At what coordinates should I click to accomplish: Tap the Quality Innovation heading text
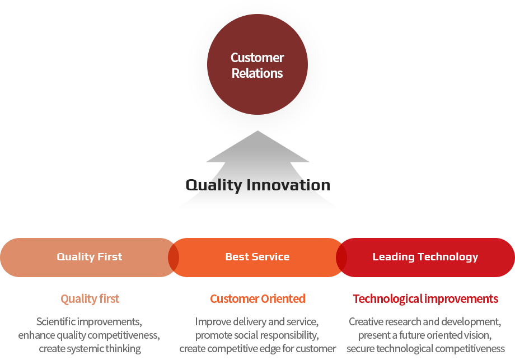tap(257, 185)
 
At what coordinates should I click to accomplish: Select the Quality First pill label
tap(90, 257)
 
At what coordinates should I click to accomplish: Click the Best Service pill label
tap(257, 257)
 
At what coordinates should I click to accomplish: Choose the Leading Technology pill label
tap(425, 257)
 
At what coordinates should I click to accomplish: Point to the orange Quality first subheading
tap(90, 299)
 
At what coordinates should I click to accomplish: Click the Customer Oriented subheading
tap(257, 299)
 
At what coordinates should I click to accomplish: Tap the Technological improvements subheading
tap(425, 299)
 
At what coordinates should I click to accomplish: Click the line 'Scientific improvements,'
tap(89, 322)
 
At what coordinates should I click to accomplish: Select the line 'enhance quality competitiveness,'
tap(89, 335)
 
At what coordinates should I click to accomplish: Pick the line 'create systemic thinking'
tap(90, 349)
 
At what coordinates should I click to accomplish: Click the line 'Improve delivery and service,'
tap(257, 322)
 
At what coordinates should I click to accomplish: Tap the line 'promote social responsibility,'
tap(257, 335)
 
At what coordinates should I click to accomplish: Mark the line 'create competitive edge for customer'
tap(257, 349)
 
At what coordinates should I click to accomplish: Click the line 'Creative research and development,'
tap(425, 322)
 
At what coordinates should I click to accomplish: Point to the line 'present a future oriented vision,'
tap(425, 335)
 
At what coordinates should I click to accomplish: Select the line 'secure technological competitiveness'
tap(425, 349)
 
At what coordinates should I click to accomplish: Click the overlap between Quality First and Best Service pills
tap(174, 257)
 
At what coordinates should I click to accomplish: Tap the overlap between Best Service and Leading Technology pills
tap(341, 257)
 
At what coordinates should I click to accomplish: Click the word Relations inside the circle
tap(257, 73)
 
